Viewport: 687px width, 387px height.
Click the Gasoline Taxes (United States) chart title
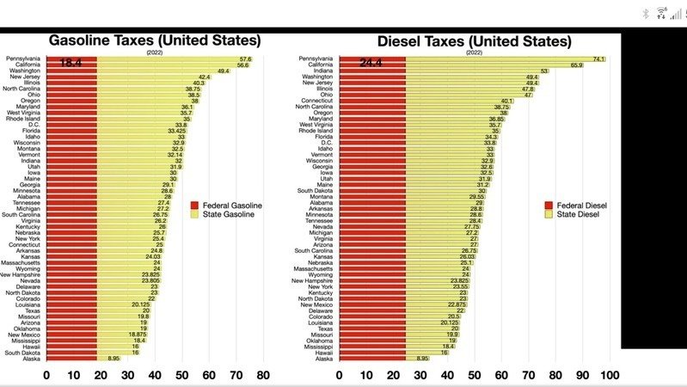154,40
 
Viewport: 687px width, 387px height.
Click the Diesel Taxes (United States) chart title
474,40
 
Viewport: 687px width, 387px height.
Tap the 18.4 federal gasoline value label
71,64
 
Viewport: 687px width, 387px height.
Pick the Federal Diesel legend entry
580,206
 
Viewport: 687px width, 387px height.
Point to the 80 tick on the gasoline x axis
262,374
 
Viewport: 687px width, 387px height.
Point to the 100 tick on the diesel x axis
610,374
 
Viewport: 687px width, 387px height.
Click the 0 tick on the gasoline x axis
46,374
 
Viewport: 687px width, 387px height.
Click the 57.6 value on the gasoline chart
244,58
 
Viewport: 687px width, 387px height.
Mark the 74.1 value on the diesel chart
599,58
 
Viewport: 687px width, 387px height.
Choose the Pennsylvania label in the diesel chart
316,58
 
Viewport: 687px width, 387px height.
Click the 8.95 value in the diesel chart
422,358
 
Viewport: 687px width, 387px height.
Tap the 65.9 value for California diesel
576,64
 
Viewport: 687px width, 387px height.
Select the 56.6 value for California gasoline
242,64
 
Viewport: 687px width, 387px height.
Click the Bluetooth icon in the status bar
646,13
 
